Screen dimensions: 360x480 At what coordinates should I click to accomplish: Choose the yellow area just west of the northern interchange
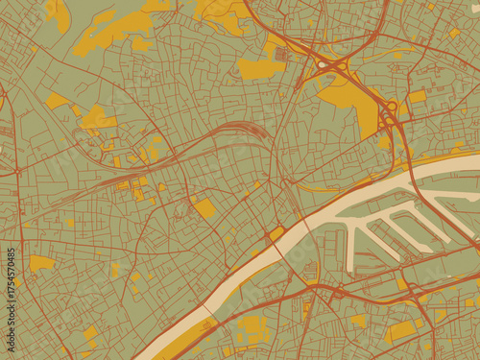tap(261, 68)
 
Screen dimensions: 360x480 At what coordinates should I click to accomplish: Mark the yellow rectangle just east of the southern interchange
tap(417, 97)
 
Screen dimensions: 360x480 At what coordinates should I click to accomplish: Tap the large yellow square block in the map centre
tap(204, 207)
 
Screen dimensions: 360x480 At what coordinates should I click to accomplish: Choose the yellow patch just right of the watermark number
tap(41, 262)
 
